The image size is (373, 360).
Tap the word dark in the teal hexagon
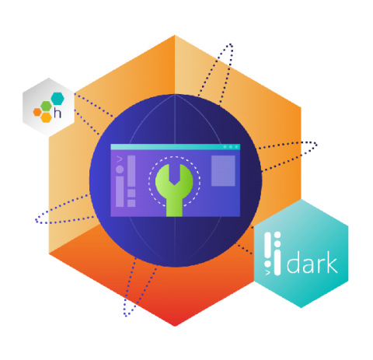[312, 262]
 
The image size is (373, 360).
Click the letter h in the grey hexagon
[58, 113]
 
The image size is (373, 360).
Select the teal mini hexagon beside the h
[58, 98]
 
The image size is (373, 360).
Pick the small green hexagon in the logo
[47, 107]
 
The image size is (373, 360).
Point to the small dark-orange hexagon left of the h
[37, 112]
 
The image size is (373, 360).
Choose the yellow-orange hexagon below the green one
[47, 117]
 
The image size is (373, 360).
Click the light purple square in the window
[223, 170]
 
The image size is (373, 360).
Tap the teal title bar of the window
[175, 147]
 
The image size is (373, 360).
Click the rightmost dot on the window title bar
[236, 147]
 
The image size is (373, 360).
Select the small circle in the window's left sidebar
[120, 170]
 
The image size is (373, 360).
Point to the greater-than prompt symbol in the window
[120, 159]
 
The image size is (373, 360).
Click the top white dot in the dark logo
[277, 235]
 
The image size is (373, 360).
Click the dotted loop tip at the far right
[315, 144]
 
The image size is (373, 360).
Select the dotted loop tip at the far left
[37, 221]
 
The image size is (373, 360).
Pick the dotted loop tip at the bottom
[126, 314]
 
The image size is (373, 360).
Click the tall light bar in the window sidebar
[131, 171]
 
